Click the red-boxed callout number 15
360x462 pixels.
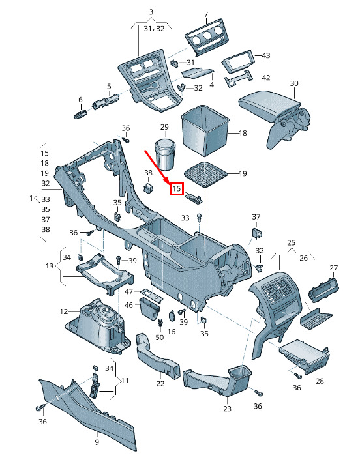(177, 188)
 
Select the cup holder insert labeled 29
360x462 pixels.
(165, 154)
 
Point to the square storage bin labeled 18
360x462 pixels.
(205, 131)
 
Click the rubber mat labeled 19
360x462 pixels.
(206, 175)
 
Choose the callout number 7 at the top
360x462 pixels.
(206, 14)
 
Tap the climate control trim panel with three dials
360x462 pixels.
(207, 37)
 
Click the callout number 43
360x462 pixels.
(266, 55)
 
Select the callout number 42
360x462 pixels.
(266, 78)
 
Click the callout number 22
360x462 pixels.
(160, 384)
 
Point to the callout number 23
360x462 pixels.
(227, 409)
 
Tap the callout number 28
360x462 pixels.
(320, 381)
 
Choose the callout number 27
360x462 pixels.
(333, 268)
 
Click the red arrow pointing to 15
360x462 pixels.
(156, 167)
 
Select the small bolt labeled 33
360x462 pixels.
(199, 218)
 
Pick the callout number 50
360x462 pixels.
(160, 337)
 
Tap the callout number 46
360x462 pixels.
(129, 305)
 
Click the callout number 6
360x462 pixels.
(80, 100)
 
